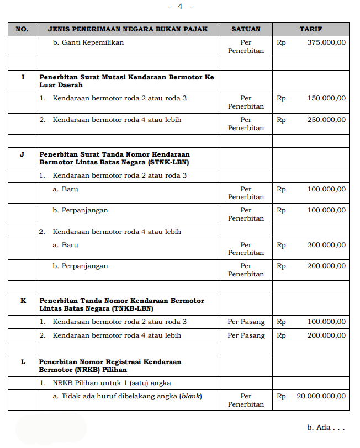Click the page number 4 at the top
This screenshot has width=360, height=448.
(180, 6)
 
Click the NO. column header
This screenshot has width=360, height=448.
(22, 29)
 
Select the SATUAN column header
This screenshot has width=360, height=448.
(246, 29)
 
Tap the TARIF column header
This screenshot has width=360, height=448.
(310, 29)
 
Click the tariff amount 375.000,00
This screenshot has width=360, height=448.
(326, 42)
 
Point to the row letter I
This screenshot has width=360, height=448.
(22, 77)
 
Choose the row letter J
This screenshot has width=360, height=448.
(22, 154)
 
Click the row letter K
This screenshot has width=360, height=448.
(22, 301)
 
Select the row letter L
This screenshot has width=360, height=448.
(22, 362)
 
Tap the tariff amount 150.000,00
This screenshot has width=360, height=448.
(326, 98)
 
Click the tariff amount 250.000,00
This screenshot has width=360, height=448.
(326, 120)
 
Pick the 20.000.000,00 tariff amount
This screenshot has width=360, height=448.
(321, 396)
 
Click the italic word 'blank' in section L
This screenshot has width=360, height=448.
(190, 396)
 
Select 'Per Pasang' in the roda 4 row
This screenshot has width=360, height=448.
(246, 335)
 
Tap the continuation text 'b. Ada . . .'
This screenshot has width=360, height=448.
(325, 428)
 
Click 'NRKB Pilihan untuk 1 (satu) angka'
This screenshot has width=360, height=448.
(112, 383)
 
